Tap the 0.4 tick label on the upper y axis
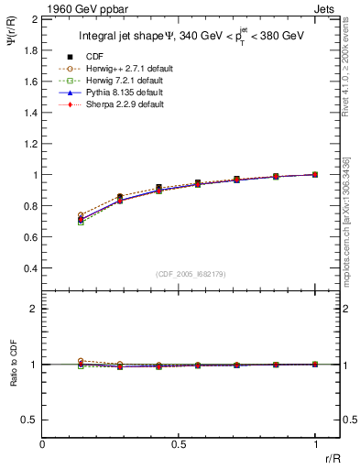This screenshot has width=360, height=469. [x=29, y=268]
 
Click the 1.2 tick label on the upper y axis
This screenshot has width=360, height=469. [x=29, y=144]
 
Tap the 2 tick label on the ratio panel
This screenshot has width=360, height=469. [x=33, y=310]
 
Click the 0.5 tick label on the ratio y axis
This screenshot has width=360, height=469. [x=29, y=420]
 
